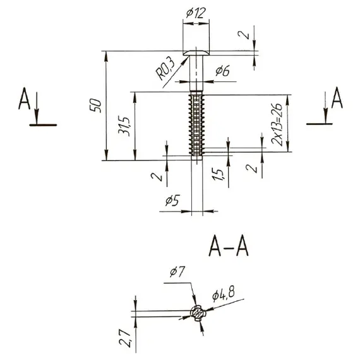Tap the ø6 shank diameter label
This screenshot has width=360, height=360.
coord(221,72)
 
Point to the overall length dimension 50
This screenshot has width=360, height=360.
coord(95,105)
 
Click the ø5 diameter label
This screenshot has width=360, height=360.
coord(173,200)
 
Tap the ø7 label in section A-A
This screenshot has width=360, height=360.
coord(177,273)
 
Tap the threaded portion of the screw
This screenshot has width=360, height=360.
coord(197,123)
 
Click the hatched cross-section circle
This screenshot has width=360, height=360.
coord(198,313)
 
